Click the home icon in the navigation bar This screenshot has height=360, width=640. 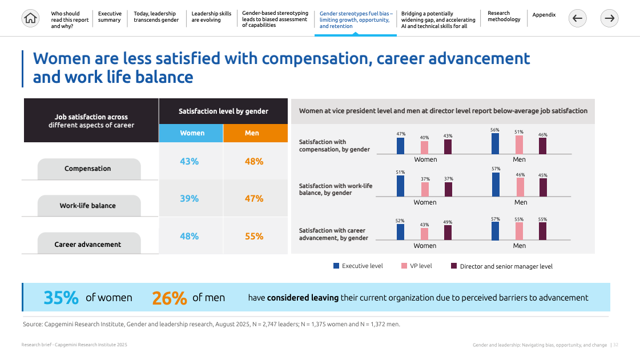pos(30,19)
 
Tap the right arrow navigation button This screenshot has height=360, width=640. pos(610,19)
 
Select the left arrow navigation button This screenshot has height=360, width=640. pos(577,19)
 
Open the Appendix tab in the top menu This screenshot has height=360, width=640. pos(544,15)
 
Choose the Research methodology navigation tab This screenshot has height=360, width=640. pos(504,17)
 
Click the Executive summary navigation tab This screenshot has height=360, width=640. pos(109,17)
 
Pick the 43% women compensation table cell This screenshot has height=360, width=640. pos(190,162)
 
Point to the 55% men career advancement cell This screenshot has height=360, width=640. pos(254,236)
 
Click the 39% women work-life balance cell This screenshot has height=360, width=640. pos(190,198)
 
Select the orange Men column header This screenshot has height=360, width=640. pos(252,133)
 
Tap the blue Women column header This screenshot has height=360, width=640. pos(192,133)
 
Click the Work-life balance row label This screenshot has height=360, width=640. pos(88,206)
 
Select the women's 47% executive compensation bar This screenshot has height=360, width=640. pos(401,146)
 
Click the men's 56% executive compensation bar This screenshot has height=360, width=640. pos(495,143)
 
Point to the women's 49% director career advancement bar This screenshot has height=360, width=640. pos(448,232)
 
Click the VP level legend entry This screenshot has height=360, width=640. pos(417,266)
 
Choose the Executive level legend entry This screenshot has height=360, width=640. pos(357,266)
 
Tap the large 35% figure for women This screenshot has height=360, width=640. pos(61,298)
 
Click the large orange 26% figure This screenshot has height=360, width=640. pos(170,298)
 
